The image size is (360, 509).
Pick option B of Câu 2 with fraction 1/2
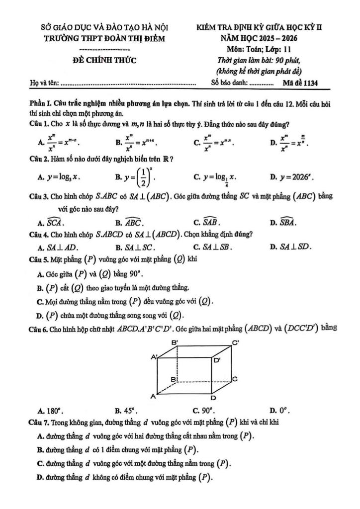coord(136,177)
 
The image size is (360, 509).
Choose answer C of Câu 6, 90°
coord(204,411)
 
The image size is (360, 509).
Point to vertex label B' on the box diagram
coord(174,342)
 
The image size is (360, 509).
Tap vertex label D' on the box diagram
coord(218,360)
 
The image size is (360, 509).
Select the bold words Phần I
coord(41,104)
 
